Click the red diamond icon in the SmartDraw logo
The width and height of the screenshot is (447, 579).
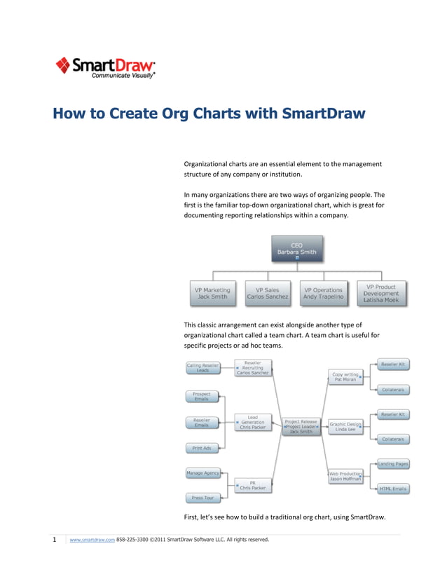click(63, 65)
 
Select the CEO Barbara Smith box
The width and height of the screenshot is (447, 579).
click(297, 250)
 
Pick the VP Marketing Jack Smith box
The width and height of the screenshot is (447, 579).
click(212, 293)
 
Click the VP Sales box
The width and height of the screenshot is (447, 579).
click(267, 293)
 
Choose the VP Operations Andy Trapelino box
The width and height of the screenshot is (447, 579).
click(323, 293)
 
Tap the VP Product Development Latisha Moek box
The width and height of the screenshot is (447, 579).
click(381, 293)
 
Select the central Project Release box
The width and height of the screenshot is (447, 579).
click(301, 426)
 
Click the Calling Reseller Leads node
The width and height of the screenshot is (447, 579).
click(202, 367)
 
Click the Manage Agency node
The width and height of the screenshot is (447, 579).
click(202, 473)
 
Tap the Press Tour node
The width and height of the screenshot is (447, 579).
click(202, 498)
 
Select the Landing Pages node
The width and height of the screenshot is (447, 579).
click(393, 463)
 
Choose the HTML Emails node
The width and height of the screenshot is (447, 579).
click(393, 488)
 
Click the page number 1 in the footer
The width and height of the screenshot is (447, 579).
click(55, 540)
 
